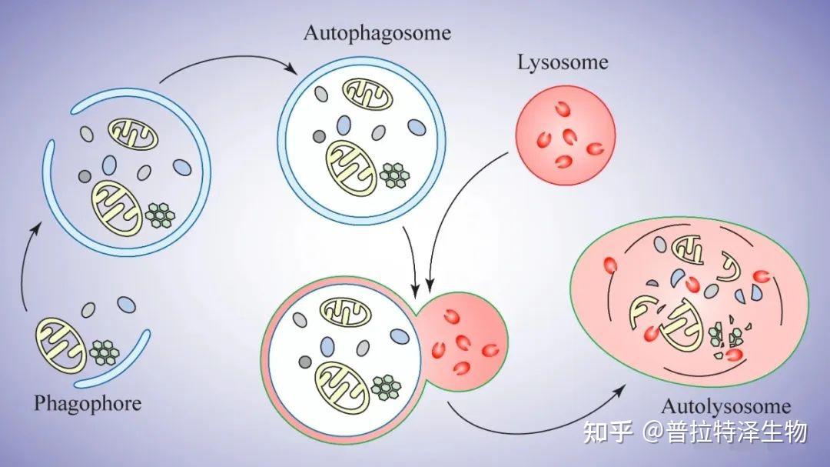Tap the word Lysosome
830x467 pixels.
563,62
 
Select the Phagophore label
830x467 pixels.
88,403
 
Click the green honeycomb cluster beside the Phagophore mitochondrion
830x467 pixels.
105,352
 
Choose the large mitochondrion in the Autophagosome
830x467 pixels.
350,165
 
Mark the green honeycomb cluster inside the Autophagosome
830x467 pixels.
394,175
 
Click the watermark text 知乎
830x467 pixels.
608,432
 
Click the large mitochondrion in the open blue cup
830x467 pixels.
116,206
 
